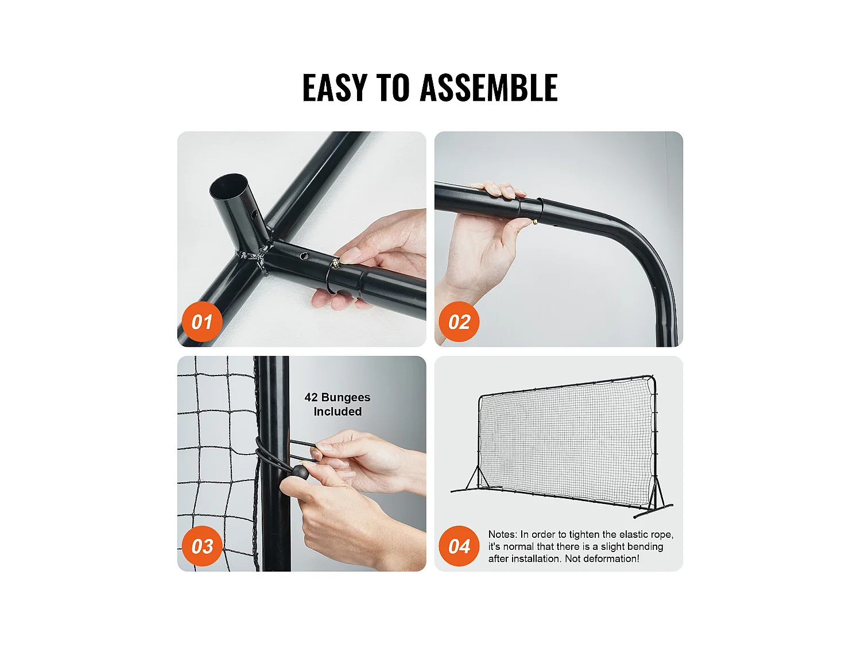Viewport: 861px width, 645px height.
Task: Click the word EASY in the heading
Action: pyautogui.click(x=335, y=87)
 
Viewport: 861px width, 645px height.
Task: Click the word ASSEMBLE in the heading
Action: pyautogui.click(x=488, y=87)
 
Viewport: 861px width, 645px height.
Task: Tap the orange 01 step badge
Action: pyautogui.click(x=202, y=322)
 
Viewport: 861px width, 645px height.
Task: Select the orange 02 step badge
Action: pyautogui.click(x=459, y=322)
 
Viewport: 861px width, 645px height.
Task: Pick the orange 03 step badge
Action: pyautogui.click(x=202, y=546)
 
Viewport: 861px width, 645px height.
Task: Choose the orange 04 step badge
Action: pyautogui.click(x=459, y=546)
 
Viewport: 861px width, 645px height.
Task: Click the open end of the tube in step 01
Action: pyautogui.click(x=228, y=186)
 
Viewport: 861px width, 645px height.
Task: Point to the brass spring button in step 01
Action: pyautogui.click(x=336, y=263)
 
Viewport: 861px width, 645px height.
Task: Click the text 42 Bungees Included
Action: pyautogui.click(x=338, y=404)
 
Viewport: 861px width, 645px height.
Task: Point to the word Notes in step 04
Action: pyautogui.click(x=502, y=534)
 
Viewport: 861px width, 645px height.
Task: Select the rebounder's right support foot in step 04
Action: pyautogui.click(x=653, y=511)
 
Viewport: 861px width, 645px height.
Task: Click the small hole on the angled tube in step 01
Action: pyautogui.click(x=254, y=214)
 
